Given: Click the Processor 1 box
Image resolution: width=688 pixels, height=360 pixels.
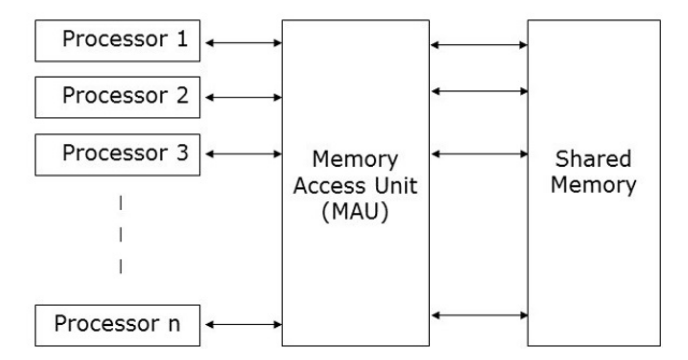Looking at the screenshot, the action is click(x=118, y=41).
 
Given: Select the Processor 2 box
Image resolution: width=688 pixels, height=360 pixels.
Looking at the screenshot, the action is click(x=118, y=98).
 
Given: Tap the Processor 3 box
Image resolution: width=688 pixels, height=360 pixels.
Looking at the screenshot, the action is click(x=118, y=155).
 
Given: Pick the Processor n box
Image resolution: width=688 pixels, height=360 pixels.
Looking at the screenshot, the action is click(x=118, y=326).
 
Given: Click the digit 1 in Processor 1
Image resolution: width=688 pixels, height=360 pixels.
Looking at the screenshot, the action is click(x=182, y=38).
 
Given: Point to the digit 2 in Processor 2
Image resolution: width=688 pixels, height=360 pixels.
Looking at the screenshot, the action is click(x=182, y=95).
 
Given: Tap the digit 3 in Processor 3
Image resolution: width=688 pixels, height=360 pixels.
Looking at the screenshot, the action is click(x=182, y=153).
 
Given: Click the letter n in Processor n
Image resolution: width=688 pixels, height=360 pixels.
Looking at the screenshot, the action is click(x=174, y=324).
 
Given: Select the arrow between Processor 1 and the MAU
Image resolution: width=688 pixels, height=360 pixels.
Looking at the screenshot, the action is click(x=243, y=43).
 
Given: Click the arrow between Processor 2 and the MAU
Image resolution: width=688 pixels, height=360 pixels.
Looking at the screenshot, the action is click(x=243, y=98).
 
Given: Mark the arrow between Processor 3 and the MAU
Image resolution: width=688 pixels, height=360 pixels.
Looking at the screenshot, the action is click(x=243, y=154).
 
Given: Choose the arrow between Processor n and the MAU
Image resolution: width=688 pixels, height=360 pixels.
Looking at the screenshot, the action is click(x=243, y=324).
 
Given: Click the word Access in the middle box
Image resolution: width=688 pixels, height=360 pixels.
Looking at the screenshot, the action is click(x=331, y=186).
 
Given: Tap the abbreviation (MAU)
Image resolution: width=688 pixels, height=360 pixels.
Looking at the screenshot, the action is click(x=355, y=212).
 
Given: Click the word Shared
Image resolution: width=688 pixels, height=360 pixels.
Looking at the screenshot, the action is click(x=593, y=159).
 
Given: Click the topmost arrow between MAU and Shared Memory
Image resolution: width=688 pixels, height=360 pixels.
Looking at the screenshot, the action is click(x=479, y=45).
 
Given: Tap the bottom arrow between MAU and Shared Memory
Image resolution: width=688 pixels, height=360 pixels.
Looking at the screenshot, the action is click(x=479, y=315).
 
